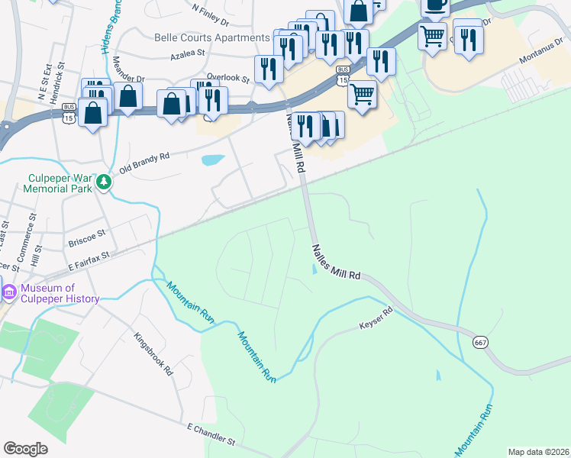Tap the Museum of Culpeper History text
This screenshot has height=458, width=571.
[60, 293]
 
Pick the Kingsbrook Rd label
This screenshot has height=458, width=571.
[154, 352]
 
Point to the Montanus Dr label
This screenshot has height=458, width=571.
[538, 54]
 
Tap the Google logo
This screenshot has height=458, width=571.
[26, 449]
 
